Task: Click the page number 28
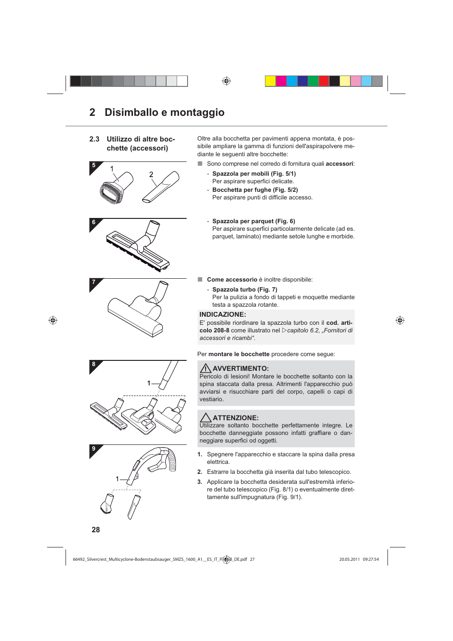pos(95,529)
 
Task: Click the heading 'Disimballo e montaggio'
pos(164,113)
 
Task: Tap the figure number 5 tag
pos(94,166)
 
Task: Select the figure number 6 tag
pos(94,222)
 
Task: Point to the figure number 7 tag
pos(94,282)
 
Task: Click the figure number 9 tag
pos(94,449)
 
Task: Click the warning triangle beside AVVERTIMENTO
pos(205,368)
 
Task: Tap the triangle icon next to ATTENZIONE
pos(205,418)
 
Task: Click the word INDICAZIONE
pos(222,314)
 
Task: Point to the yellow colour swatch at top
pos(270,81)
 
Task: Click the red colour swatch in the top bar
pos(324,81)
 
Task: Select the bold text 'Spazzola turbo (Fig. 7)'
pos(245,290)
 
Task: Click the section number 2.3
pos(94,139)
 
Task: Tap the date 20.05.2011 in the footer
pos(349,559)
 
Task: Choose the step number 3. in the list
pos(200,482)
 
